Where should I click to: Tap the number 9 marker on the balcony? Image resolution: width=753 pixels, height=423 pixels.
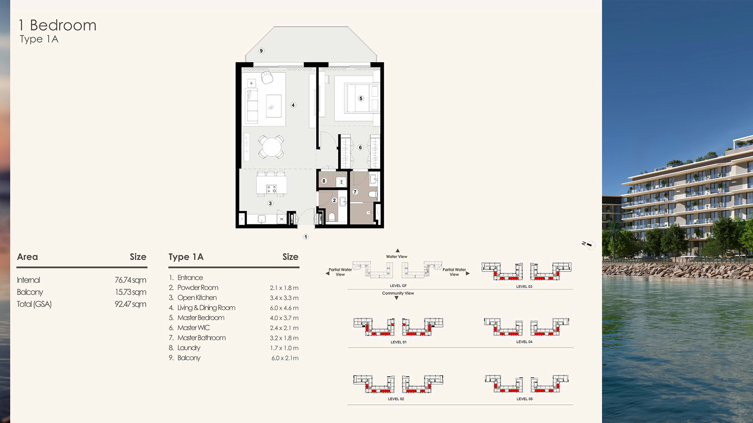click(x=261, y=51)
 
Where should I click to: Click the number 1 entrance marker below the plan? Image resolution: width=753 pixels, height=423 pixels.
click(x=306, y=237)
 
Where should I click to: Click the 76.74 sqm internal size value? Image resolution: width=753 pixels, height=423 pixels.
click(x=130, y=280)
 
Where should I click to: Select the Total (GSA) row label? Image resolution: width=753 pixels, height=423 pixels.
click(x=34, y=304)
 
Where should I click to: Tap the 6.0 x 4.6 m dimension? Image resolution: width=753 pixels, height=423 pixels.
click(x=284, y=308)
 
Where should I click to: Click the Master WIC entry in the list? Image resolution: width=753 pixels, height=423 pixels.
click(x=193, y=328)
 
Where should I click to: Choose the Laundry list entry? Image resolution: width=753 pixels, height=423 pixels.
click(x=189, y=348)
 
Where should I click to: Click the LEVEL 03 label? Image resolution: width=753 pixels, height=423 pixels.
click(x=524, y=287)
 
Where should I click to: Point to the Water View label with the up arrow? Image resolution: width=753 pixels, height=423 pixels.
click(x=397, y=257)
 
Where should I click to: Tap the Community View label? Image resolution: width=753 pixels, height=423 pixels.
click(x=398, y=293)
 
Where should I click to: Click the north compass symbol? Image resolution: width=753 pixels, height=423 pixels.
click(x=590, y=245)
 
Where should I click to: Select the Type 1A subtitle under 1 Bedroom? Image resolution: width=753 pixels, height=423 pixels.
click(x=39, y=39)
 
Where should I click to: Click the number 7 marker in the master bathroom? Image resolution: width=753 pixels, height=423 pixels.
click(x=355, y=192)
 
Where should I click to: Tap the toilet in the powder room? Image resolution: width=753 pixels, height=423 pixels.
click(x=332, y=217)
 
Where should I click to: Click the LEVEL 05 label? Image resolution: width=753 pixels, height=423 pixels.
click(x=524, y=399)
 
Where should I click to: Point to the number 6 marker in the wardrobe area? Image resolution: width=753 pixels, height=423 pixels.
click(x=360, y=148)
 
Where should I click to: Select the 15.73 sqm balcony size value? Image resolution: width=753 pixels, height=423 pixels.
click(x=130, y=292)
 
